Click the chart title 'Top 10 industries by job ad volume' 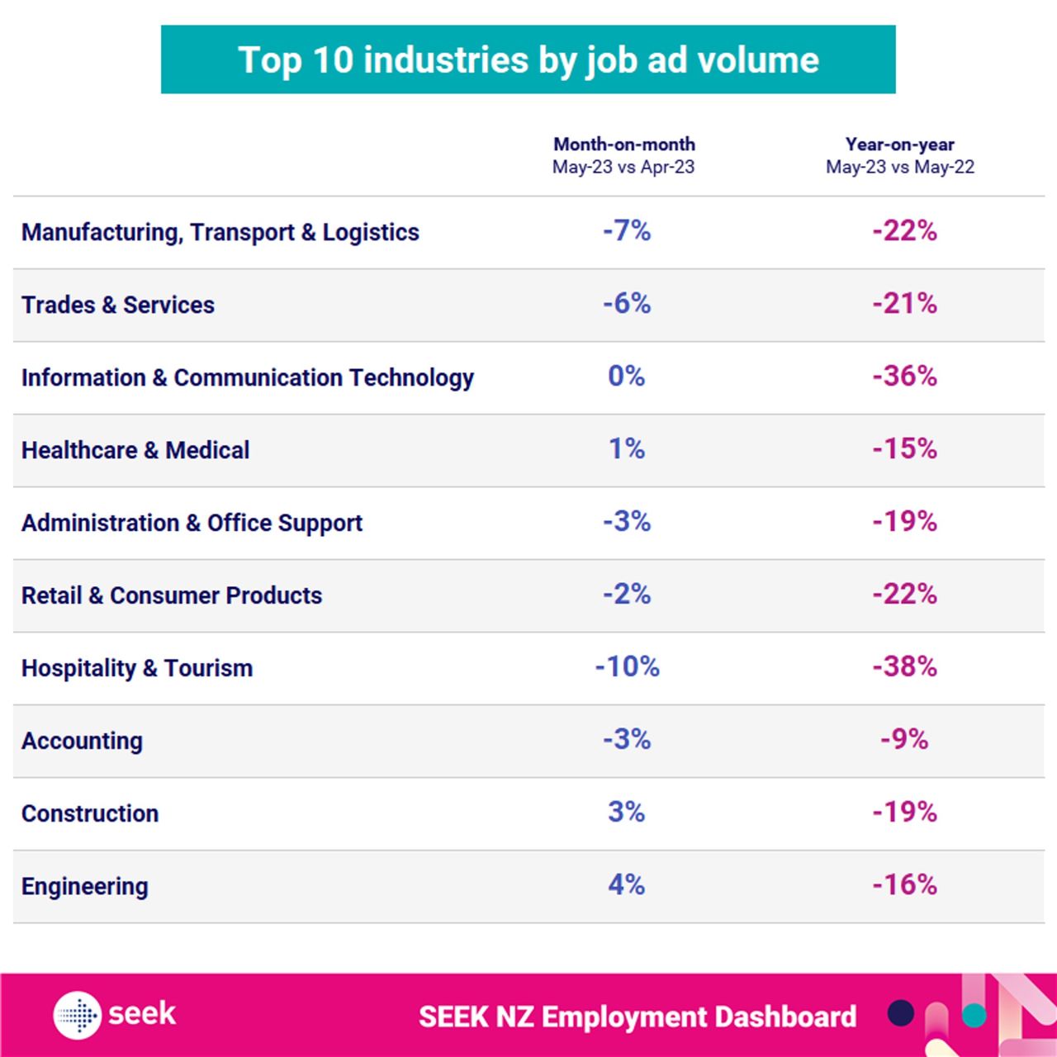click(x=528, y=60)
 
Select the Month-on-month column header click(x=623, y=155)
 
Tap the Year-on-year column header click(x=900, y=155)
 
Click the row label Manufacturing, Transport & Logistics click(x=220, y=233)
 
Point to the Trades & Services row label click(x=118, y=306)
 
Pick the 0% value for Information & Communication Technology click(x=626, y=377)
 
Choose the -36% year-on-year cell click(x=904, y=377)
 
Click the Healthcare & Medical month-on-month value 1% click(x=627, y=449)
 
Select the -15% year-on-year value click(x=904, y=449)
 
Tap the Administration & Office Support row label click(x=192, y=524)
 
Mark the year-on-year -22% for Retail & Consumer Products click(x=904, y=595)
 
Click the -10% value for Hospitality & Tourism click(x=627, y=666)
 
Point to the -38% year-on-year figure click(x=904, y=666)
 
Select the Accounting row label click(x=82, y=742)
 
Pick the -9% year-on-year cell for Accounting click(x=904, y=739)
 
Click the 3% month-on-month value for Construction click(x=626, y=812)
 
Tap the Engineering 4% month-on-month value click(x=626, y=884)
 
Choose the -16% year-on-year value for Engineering click(x=904, y=884)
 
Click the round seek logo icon click(x=78, y=1015)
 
